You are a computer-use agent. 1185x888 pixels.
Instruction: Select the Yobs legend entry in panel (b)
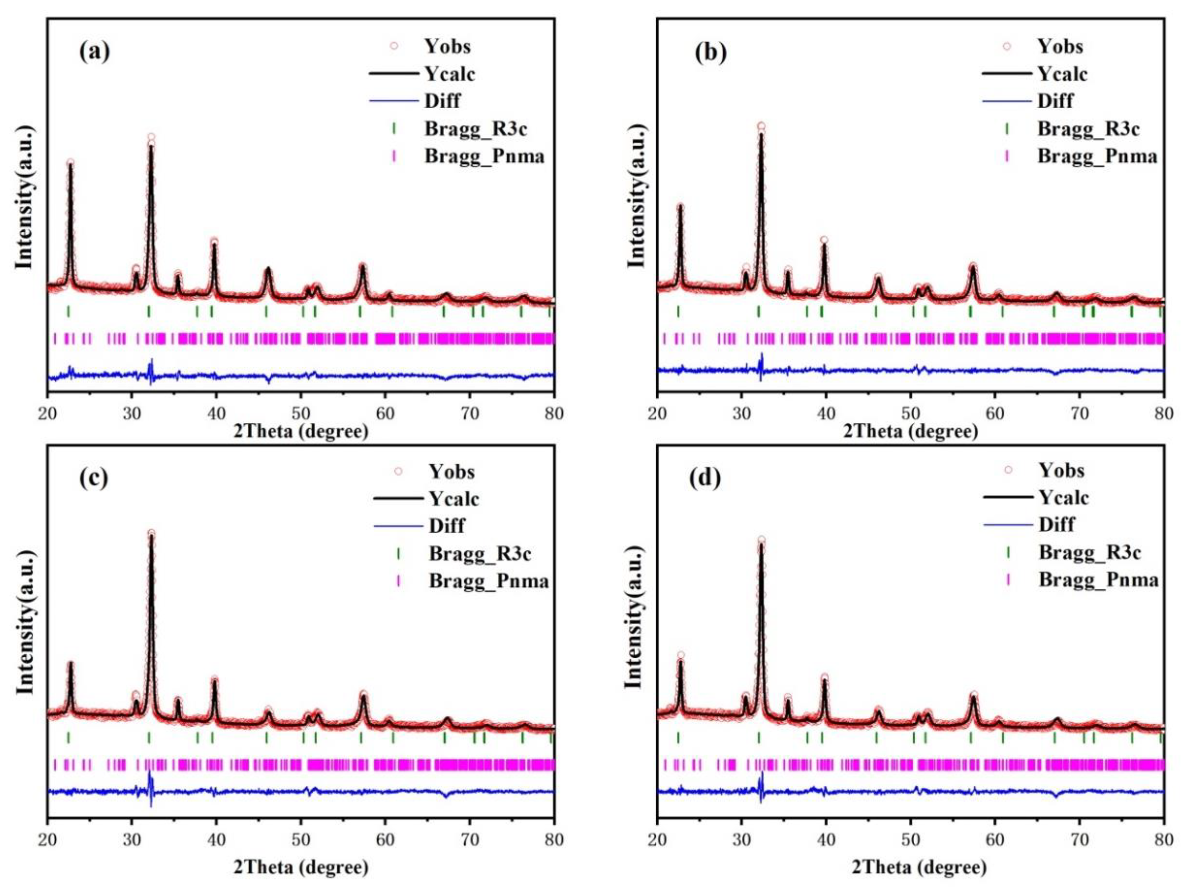(x=1060, y=46)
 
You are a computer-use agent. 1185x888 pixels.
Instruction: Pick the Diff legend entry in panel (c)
(x=446, y=526)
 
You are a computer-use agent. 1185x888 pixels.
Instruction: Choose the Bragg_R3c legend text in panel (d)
(x=1090, y=552)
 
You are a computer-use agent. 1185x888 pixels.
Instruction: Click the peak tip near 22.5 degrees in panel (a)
(x=70, y=163)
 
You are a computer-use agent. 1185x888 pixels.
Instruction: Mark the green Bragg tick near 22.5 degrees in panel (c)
(x=68, y=738)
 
